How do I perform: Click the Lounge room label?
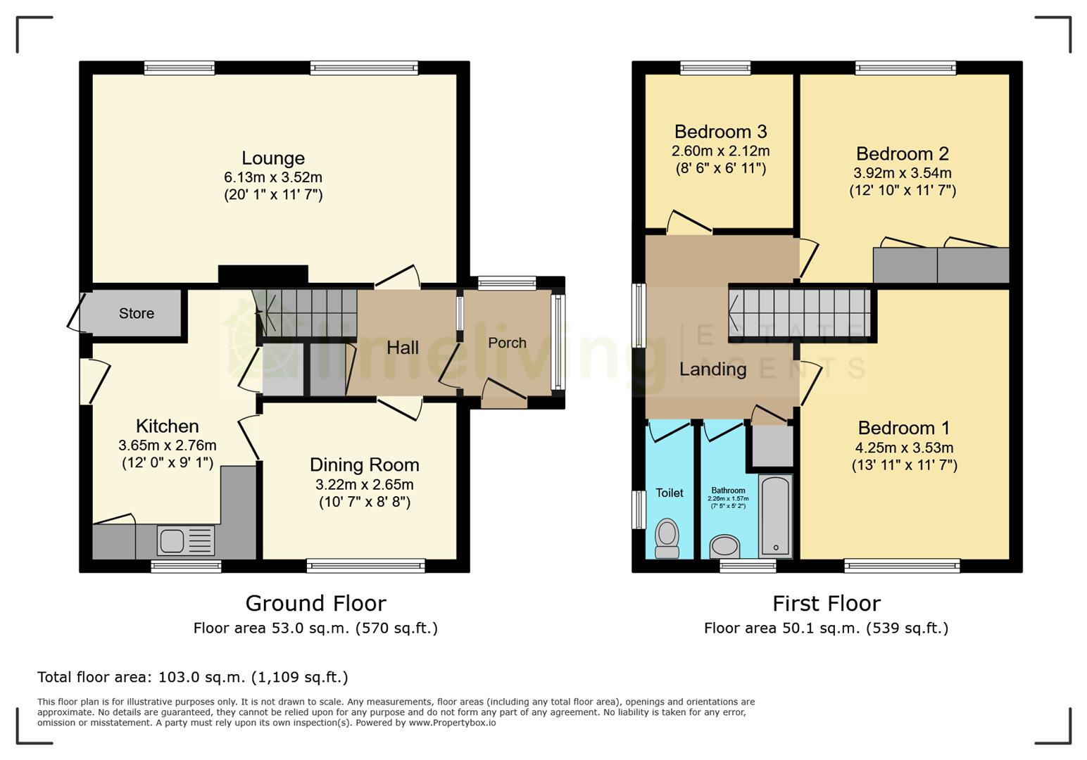[x=273, y=158]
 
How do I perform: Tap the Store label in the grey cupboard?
[x=136, y=313]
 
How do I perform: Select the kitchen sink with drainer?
[x=186, y=541]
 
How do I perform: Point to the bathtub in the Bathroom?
[x=775, y=517]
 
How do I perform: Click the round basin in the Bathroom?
[x=724, y=546]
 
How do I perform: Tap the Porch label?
[x=507, y=343]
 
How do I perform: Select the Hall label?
[x=403, y=347]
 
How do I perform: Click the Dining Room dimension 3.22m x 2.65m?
[x=364, y=484]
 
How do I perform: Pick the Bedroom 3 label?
[x=720, y=132]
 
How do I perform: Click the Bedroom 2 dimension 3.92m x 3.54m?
[x=903, y=172]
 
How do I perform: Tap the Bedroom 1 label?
[x=904, y=428]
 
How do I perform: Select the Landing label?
[x=712, y=369]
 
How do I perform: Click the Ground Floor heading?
[x=315, y=603]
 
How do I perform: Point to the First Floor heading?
[x=826, y=603]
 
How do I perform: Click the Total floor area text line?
[x=192, y=677]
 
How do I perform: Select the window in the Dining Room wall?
[x=365, y=565]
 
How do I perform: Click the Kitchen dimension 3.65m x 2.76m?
[x=167, y=445]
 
